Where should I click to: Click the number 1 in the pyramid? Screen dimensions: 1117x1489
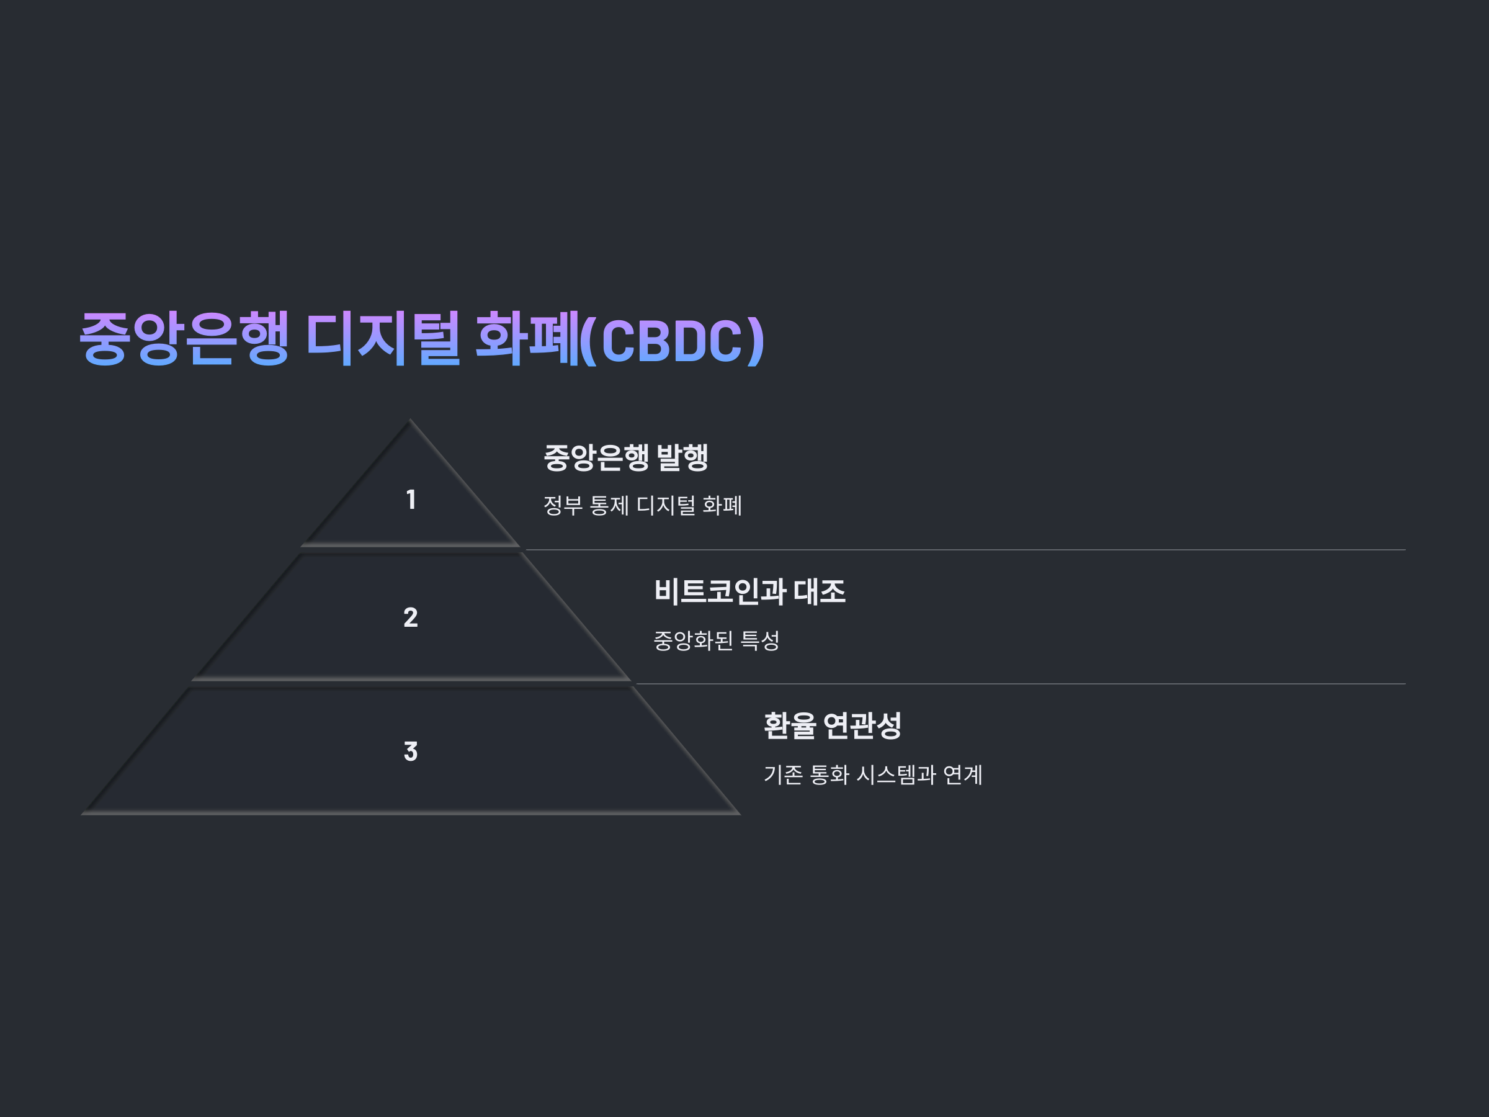pyautogui.click(x=411, y=500)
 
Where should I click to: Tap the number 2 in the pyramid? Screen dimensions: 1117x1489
pyautogui.click(x=411, y=617)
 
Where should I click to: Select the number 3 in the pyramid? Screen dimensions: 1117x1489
pyautogui.click(x=411, y=751)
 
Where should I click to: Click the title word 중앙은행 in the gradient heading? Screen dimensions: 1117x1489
pyautogui.click(x=184, y=338)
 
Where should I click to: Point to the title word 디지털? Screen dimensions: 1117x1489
pyautogui.click(x=383, y=338)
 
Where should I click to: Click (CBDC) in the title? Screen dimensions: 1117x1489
pyautogui.click(x=673, y=340)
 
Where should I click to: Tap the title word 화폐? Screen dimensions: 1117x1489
pyautogui.click(x=527, y=338)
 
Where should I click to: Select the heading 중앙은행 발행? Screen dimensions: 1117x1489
pyautogui.click(x=625, y=457)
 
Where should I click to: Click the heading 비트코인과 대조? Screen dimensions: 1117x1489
pyautogui.click(x=749, y=592)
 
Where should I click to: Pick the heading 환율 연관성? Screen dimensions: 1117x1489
pyautogui.click(x=832, y=726)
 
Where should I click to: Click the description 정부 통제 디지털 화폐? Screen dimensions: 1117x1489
pyautogui.click(x=642, y=506)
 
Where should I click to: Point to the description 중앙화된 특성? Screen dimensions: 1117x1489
pyautogui.click(x=716, y=640)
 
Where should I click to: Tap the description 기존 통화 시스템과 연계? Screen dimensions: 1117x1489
pyautogui.click(x=872, y=775)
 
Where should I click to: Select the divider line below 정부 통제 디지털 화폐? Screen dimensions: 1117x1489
pyautogui.click(x=963, y=550)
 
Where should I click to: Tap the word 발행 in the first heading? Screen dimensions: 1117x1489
pyautogui.click(x=682, y=457)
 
